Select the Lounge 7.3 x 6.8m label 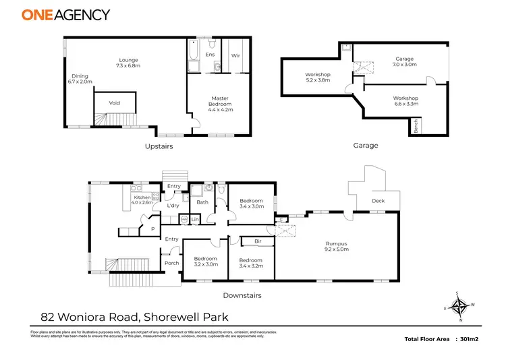(x=128, y=63)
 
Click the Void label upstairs (x=116, y=103)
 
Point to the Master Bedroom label (x=220, y=101)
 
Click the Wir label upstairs (x=236, y=56)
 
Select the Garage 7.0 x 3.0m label (x=405, y=62)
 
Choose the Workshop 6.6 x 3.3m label (x=405, y=101)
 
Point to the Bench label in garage (x=417, y=126)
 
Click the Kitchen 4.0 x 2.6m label (x=142, y=200)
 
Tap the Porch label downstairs (x=171, y=263)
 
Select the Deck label (x=378, y=201)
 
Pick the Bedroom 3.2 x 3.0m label (x=206, y=262)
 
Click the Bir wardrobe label (x=258, y=241)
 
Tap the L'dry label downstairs (x=172, y=205)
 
